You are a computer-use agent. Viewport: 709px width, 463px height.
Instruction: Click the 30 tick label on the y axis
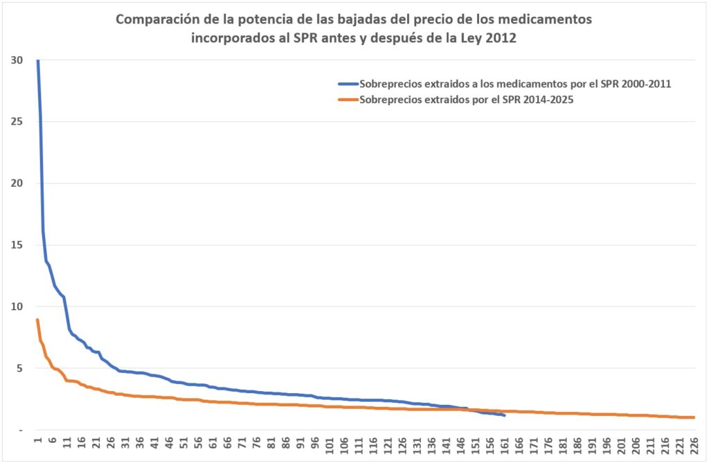click(x=18, y=60)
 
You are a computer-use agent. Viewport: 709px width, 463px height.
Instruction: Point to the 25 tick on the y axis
click(x=18, y=122)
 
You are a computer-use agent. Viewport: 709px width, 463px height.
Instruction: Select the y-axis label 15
click(x=18, y=245)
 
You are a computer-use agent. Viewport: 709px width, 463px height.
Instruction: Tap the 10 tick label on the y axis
click(x=18, y=307)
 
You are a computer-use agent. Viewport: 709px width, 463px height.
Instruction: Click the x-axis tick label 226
click(x=693, y=444)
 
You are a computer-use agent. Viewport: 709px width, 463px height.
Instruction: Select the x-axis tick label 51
click(x=183, y=444)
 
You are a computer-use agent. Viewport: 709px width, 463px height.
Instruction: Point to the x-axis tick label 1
click(x=37, y=440)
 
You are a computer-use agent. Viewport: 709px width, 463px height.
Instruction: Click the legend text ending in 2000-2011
click(x=517, y=84)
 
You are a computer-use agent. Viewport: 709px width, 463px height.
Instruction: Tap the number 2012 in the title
click(x=500, y=39)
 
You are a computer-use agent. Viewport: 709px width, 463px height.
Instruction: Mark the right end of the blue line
click(x=505, y=415)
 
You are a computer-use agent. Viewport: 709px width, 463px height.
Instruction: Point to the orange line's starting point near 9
click(x=37, y=320)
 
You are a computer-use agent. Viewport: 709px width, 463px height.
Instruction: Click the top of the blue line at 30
click(x=37, y=61)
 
